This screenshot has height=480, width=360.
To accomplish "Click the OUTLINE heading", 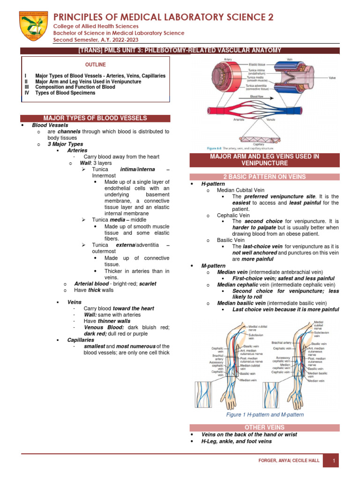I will [98, 65].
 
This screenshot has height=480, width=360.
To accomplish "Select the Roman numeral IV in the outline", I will [27, 93].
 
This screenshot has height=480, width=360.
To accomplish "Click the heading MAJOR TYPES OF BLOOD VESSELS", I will [95, 118].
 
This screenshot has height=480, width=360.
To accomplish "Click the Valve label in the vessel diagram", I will [332, 78].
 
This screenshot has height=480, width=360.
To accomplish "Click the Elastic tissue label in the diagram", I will [257, 64].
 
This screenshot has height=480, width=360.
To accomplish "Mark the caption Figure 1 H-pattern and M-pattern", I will [265, 414].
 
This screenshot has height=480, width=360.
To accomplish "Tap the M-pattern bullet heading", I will [213, 266].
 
